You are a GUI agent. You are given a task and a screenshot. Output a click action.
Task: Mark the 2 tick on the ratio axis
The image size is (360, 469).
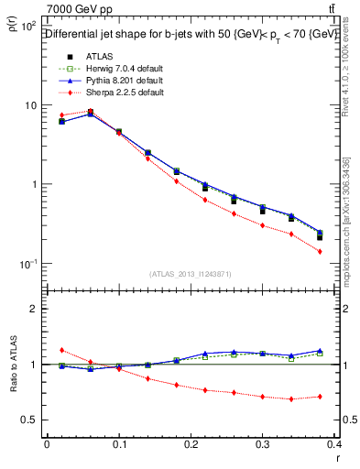point(37,309)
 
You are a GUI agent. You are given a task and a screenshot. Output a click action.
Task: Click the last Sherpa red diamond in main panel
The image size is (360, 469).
point(346,251)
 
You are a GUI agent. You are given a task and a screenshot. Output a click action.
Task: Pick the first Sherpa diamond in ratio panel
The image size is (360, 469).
point(61,350)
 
